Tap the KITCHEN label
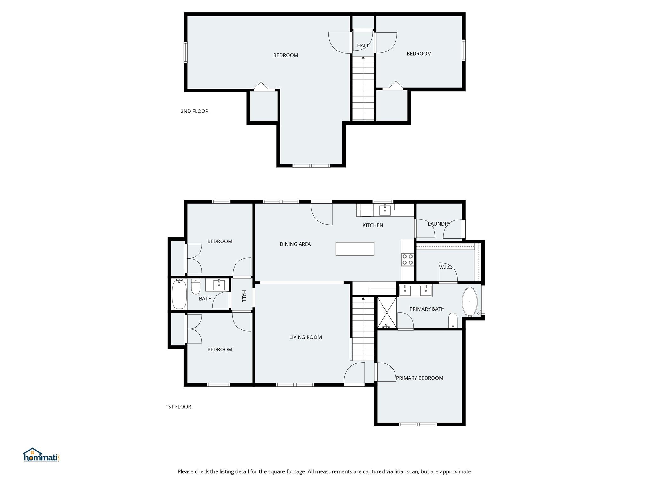click(x=373, y=225)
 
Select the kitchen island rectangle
click(x=355, y=249)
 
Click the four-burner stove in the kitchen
click(x=408, y=259)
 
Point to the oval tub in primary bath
click(x=470, y=302)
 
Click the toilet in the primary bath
click(x=453, y=320)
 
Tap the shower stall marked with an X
click(x=387, y=312)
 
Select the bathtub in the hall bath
click(x=179, y=295)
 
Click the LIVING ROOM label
click(x=305, y=337)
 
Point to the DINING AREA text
click(x=295, y=244)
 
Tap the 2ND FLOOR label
click(x=194, y=111)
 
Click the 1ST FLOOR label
click(x=178, y=406)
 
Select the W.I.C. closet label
click(x=445, y=267)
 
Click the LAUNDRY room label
click(x=439, y=224)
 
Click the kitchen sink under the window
click(x=385, y=210)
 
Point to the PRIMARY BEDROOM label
click(x=419, y=378)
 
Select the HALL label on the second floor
click(x=363, y=45)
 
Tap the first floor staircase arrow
click(x=363, y=299)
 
